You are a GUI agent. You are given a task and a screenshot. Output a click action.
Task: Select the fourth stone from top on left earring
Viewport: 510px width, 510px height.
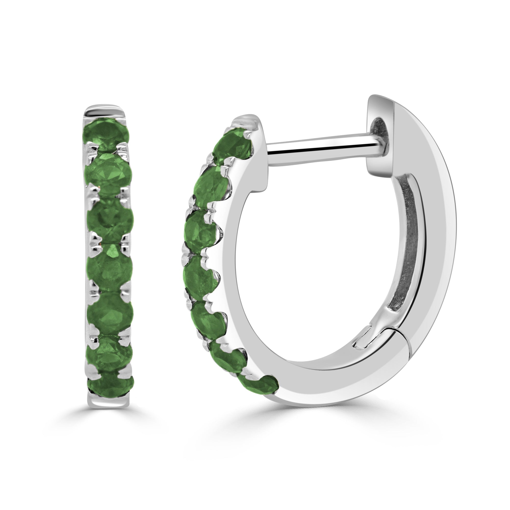click(x=109, y=267)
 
